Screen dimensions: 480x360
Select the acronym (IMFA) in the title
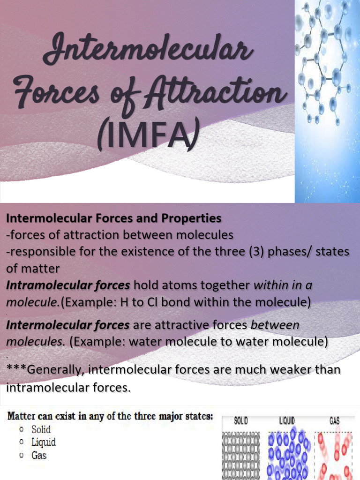(146, 136)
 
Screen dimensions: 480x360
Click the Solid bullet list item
(41, 429)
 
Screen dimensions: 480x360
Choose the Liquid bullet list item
(44, 442)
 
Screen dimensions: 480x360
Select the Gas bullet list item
(39, 455)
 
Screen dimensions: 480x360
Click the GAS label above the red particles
(334, 421)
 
